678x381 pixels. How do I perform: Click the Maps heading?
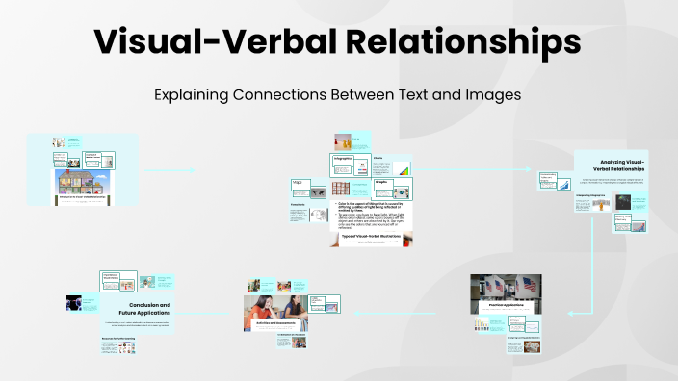point(298,182)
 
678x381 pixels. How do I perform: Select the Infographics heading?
point(344,158)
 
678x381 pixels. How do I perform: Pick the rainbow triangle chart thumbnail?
point(405,170)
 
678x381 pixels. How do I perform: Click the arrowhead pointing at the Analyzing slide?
point(556,169)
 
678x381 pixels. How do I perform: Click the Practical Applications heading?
point(503,305)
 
